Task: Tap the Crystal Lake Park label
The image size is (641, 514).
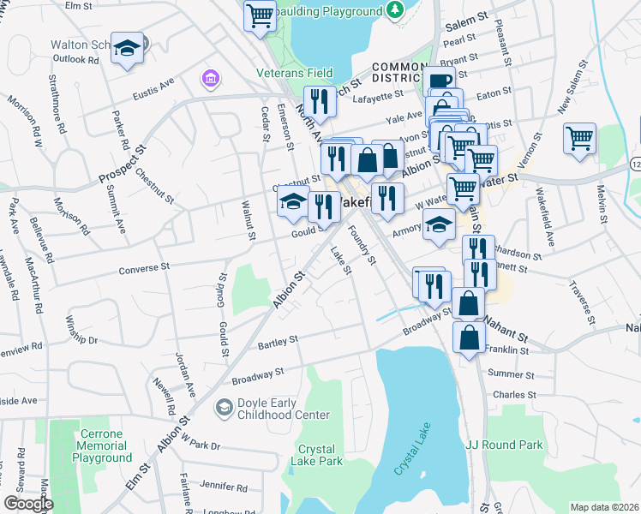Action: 320,455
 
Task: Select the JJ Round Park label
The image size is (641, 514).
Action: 504,445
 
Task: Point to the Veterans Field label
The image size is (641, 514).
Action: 295,73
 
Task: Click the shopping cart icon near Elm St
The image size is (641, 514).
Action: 259,15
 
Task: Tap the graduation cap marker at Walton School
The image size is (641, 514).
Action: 128,48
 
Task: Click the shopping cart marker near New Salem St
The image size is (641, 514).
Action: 579,137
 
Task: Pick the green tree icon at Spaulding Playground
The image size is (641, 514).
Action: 394,11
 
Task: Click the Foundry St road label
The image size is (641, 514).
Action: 362,244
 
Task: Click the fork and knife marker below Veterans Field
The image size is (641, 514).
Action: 320,101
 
